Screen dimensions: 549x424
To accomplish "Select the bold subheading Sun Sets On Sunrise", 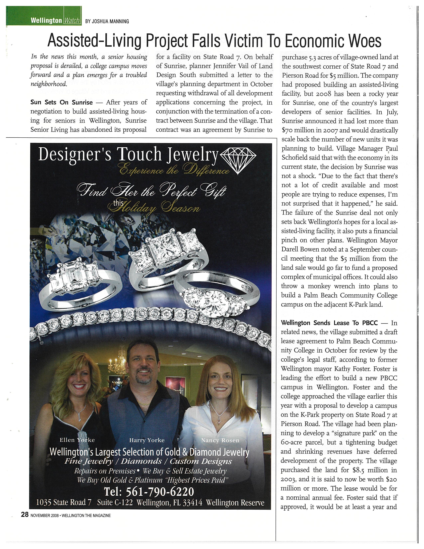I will (x=62, y=102).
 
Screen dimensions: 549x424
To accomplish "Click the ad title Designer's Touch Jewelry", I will (x=128, y=154).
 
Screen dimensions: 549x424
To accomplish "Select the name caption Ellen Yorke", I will (x=77, y=440).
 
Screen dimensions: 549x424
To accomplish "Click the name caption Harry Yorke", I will (x=147, y=440).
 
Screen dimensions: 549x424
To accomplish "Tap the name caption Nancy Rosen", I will (x=220, y=440).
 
